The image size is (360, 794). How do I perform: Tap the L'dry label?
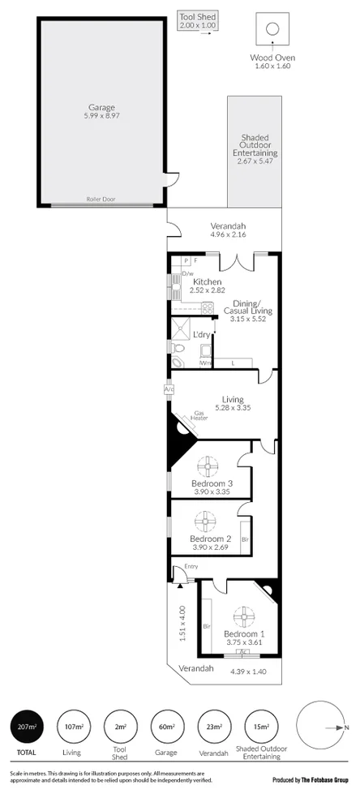201,333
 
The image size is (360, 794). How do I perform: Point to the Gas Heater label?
201,415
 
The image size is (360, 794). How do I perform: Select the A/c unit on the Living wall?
169,389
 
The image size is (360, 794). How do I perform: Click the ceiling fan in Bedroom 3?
208,467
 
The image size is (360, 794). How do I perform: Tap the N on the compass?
348,727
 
